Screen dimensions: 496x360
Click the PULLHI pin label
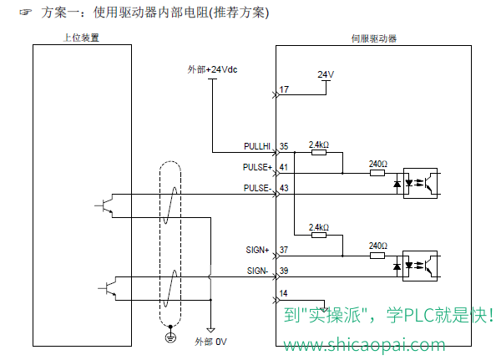[257, 146]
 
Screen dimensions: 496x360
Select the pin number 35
[284, 146]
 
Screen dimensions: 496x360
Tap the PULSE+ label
[257, 167]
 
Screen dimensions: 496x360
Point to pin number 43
[284, 188]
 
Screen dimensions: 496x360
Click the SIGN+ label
[257, 250]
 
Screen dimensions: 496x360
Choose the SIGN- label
[257, 271]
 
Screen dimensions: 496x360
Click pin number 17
[284, 89]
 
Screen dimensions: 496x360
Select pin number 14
[283, 293]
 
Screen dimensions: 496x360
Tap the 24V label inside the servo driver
[326, 74]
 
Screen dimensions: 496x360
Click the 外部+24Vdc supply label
[212, 69]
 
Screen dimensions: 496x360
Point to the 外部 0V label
[210, 342]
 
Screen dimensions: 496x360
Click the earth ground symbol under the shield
[170, 337]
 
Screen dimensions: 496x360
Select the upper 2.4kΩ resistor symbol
[319, 153]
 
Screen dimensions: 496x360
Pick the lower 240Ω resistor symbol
[377, 256]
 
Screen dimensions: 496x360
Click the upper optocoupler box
[420, 184]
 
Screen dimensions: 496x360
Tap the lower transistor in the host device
[108, 288]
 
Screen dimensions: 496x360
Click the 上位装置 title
[81, 38]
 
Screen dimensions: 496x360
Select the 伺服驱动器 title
[374, 38]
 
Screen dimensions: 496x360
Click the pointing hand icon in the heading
[26, 13]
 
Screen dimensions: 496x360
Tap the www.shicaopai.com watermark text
[364, 345]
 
